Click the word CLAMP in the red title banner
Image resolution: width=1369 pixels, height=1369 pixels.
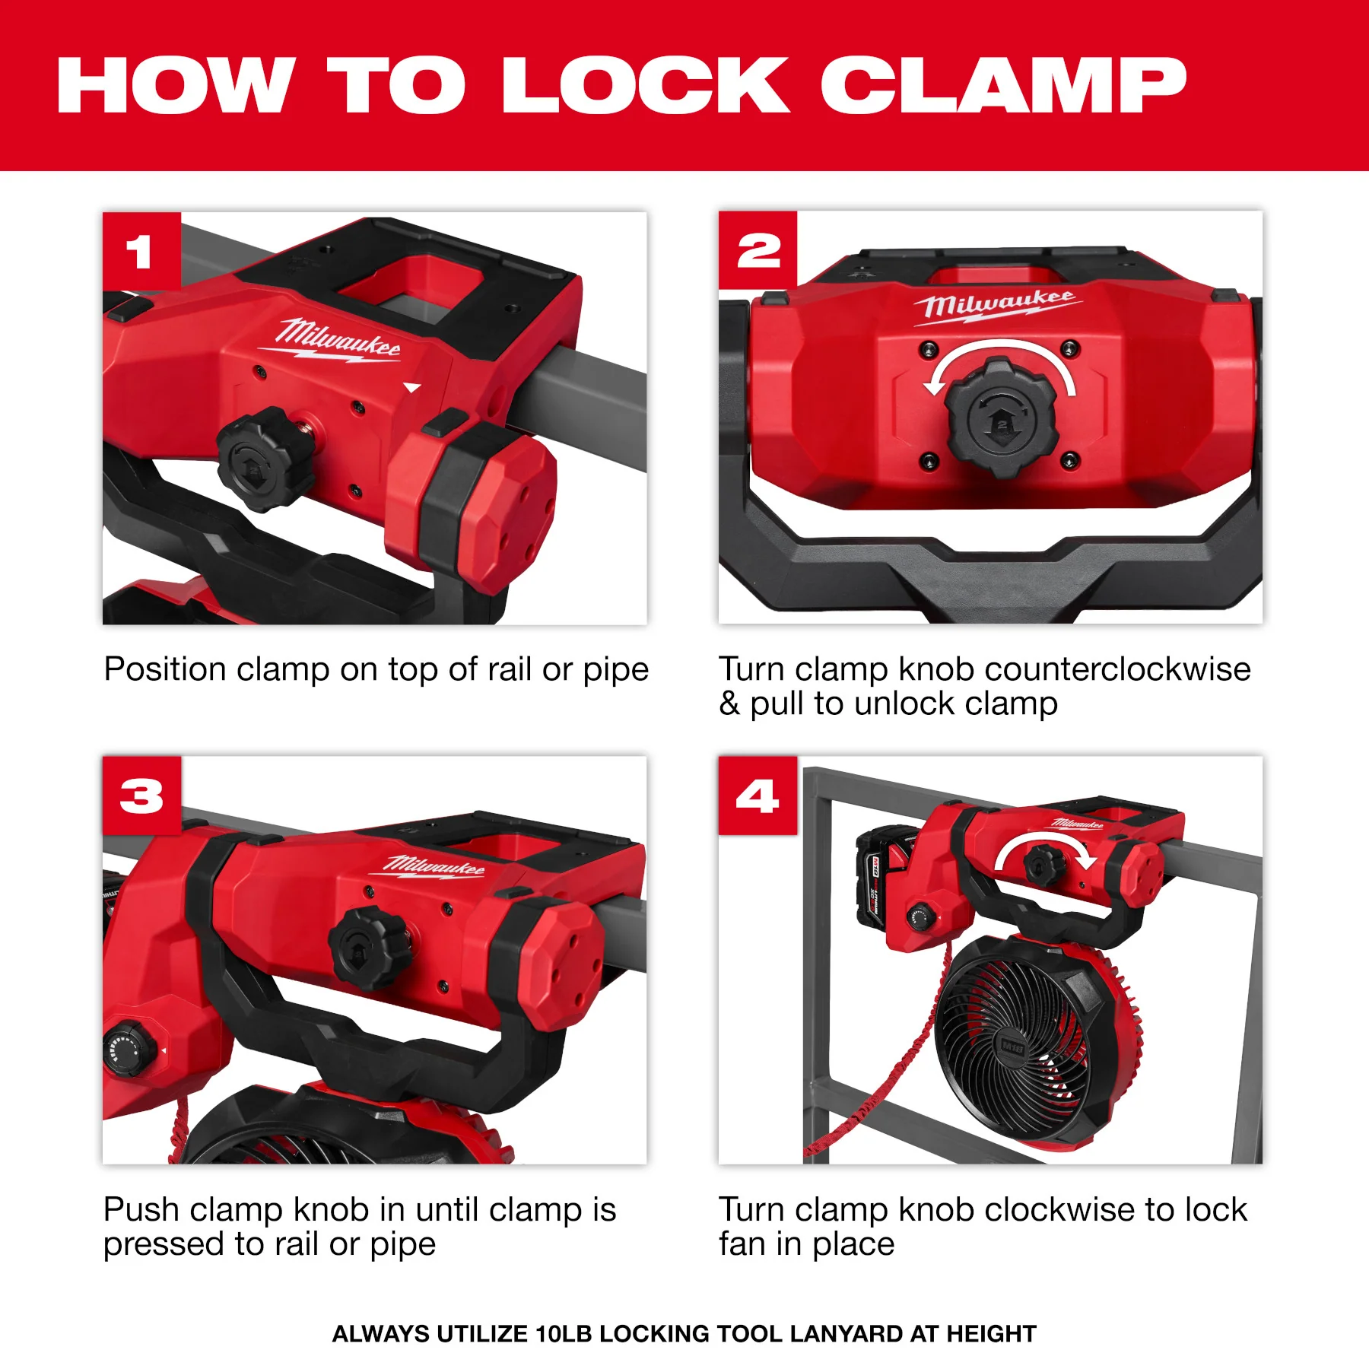pyautogui.click(x=1002, y=85)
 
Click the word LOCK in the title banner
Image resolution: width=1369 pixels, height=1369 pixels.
pyautogui.click(x=646, y=85)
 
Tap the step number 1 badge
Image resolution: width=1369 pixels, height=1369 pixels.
pyautogui.click(x=141, y=251)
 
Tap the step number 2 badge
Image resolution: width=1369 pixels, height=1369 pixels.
pyautogui.click(x=758, y=251)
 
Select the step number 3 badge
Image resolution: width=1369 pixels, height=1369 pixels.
pyautogui.click(x=141, y=796)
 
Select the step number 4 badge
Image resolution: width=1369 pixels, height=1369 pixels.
pyautogui.click(x=758, y=796)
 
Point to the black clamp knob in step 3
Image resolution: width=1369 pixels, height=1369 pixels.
pyautogui.click(x=370, y=947)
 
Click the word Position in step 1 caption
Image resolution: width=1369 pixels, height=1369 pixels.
pyautogui.click(x=165, y=670)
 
